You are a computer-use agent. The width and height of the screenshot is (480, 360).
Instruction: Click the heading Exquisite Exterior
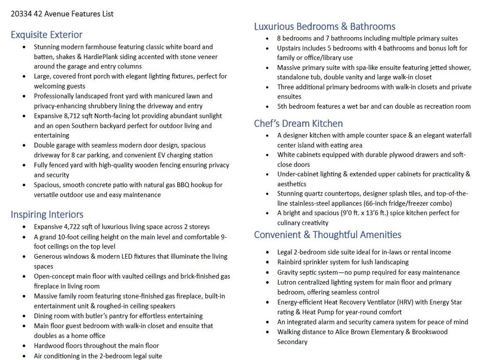point(46,35)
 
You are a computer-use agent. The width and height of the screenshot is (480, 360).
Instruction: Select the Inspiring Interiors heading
point(47,215)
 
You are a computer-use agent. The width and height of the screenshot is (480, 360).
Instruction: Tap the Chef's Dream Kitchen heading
point(298,124)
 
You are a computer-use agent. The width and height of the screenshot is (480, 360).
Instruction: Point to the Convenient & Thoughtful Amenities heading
point(328,235)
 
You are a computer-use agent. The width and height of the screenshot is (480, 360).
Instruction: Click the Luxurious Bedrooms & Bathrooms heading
point(324,27)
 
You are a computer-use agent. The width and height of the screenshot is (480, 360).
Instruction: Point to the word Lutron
point(287,282)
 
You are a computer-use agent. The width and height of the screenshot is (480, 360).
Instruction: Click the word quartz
point(320,194)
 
